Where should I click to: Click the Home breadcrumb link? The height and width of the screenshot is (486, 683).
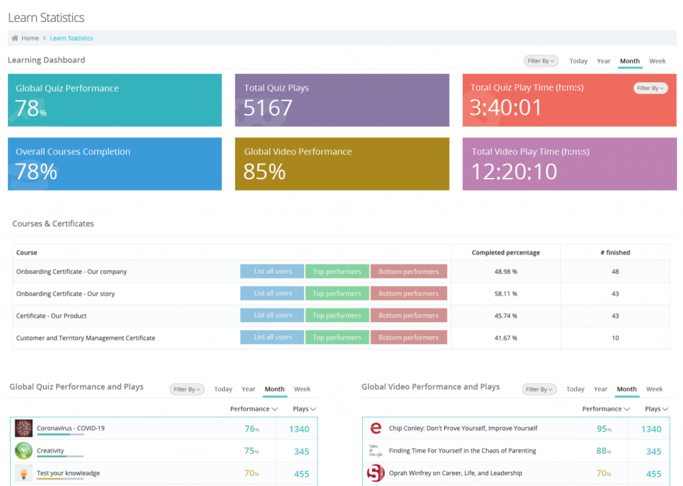click(30, 39)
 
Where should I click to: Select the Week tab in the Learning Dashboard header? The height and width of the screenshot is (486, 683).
click(657, 61)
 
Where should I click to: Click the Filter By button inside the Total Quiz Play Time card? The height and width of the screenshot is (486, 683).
click(650, 88)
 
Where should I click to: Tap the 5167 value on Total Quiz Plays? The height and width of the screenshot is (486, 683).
click(267, 108)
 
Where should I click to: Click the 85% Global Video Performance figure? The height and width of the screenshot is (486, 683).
click(264, 172)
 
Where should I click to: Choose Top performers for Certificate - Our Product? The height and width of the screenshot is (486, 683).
click(337, 316)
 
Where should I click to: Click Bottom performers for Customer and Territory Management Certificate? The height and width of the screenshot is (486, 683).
click(408, 338)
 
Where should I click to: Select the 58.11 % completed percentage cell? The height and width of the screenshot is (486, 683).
click(505, 294)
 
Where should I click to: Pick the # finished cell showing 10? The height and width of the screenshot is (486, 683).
click(615, 338)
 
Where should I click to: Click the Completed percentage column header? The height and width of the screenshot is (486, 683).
click(506, 253)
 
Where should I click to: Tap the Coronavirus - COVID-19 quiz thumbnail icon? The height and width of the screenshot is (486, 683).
click(23, 429)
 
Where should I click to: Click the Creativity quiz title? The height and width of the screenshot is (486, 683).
click(51, 451)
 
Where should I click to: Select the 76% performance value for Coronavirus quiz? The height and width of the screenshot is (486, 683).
click(251, 429)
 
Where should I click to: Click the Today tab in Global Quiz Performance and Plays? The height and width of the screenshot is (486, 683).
click(223, 389)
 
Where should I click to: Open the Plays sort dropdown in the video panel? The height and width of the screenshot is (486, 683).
click(656, 409)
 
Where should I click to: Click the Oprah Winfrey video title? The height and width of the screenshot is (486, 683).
click(455, 473)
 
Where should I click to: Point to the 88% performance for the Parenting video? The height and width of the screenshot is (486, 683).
click(603, 451)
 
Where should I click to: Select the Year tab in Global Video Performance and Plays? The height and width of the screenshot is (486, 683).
click(600, 389)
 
